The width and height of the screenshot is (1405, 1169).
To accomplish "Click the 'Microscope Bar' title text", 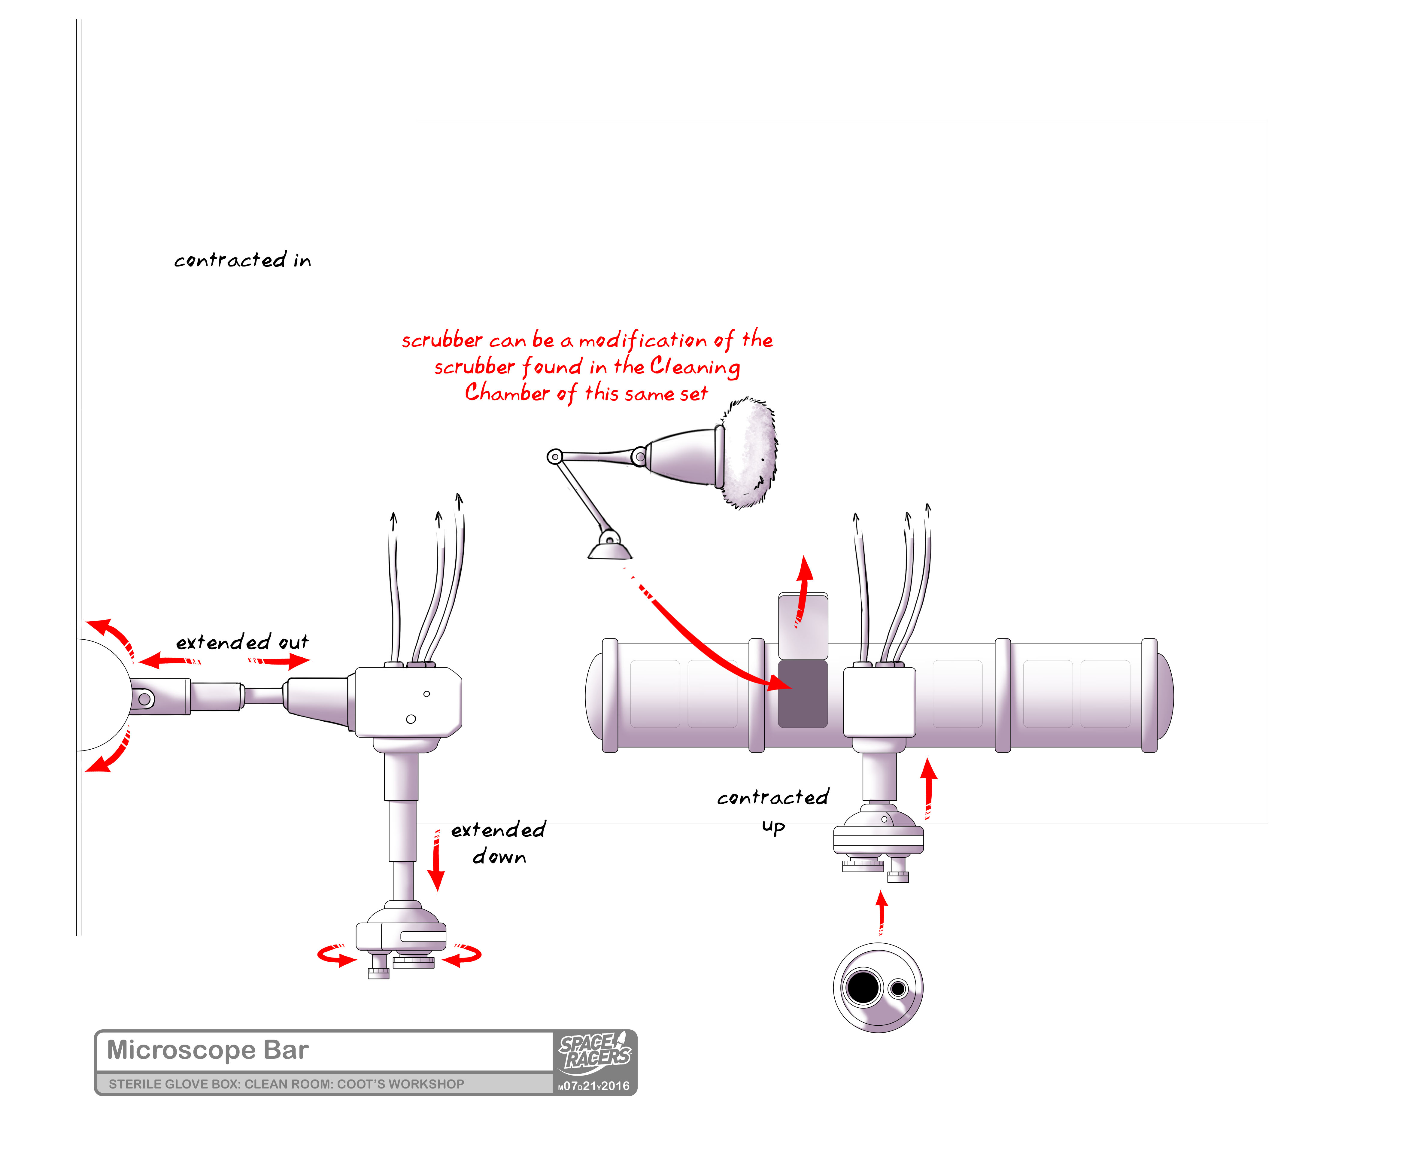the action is click(208, 1050).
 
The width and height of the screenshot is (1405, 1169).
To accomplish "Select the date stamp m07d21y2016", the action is click(594, 1086).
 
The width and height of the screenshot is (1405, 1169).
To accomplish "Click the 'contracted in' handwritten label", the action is click(242, 260).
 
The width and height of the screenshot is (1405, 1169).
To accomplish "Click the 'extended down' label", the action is click(499, 843).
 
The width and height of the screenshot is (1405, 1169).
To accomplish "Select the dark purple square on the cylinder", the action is click(803, 694).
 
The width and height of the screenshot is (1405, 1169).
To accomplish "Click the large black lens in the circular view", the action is click(863, 987).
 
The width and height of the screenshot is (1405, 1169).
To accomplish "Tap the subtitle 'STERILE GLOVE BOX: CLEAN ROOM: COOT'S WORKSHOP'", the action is click(286, 1084).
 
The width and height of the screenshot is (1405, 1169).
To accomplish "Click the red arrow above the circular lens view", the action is click(882, 912).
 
